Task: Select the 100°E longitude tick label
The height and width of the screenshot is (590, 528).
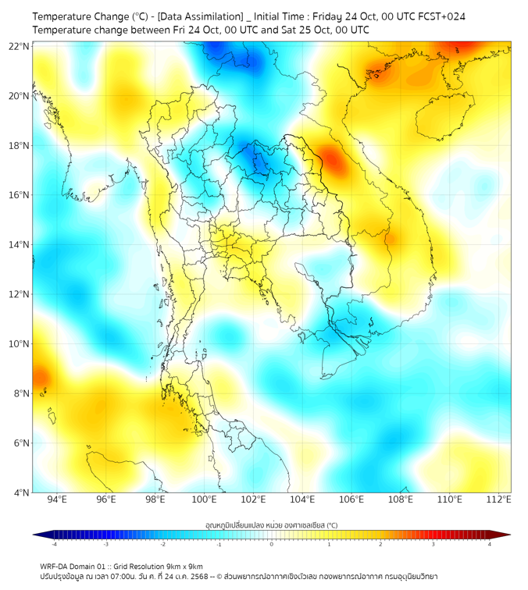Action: (204, 499)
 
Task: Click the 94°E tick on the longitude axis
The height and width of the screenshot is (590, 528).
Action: (57, 499)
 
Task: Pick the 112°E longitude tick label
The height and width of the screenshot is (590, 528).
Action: (498, 499)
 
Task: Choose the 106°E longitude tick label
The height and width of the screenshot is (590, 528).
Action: (351, 499)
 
